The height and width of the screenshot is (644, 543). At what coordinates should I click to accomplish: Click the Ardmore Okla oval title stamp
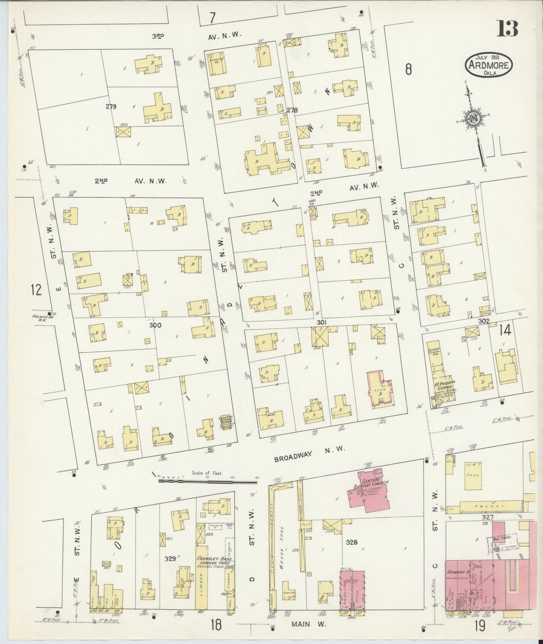(x=489, y=65)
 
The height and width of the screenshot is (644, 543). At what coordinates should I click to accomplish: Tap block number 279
(x=110, y=107)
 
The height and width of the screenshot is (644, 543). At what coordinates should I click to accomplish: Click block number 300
(x=155, y=326)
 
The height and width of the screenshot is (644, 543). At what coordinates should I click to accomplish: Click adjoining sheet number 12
(x=36, y=290)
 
